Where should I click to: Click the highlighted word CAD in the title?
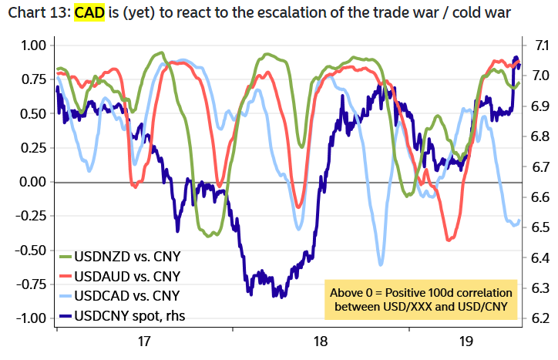[88, 14]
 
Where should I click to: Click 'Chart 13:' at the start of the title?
[38, 14]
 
